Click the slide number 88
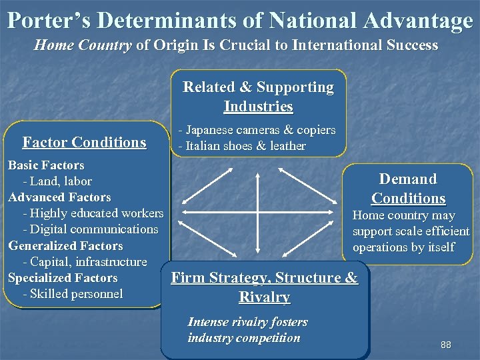point(446,345)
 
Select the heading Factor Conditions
point(84,142)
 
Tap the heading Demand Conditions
point(408,189)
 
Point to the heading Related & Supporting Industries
point(258,97)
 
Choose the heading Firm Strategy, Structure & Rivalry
point(264,287)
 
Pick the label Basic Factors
point(46,165)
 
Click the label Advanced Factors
point(59,197)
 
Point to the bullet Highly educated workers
point(93,213)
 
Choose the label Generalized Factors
point(65,245)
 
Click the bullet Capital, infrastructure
point(85,261)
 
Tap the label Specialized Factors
point(63,277)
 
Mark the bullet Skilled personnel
point(73,293)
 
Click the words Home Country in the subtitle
point(83,45)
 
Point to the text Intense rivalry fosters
point(247,322)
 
